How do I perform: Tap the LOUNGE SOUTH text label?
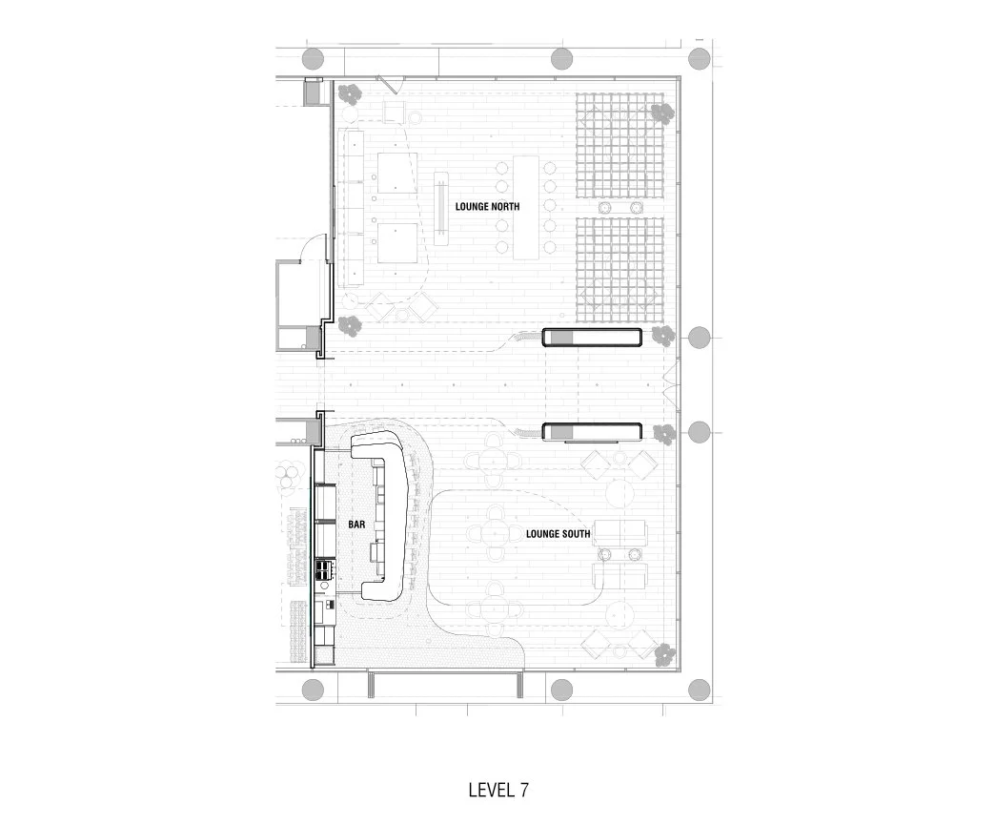pos(558,534)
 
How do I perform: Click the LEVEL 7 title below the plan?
pos(498,791)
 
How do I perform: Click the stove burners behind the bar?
pos(325,571)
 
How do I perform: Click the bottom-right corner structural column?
pos(700,690)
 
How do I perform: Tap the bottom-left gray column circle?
pos(312,690)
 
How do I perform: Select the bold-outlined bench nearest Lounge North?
pos(591,337)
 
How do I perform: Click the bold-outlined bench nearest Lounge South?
pos(591,433)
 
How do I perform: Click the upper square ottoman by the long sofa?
pos(396,171)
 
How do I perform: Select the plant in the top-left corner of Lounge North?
pos(350,94)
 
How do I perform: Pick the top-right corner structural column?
pos(700,54)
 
